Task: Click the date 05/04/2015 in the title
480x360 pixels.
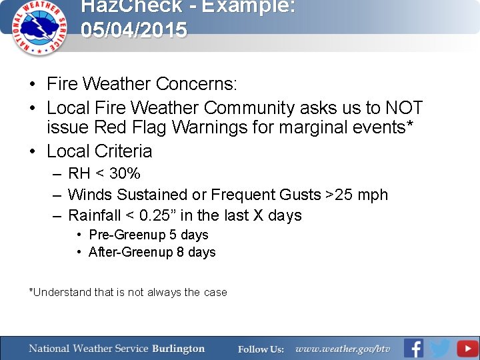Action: (134, 31)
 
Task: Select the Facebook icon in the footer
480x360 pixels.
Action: (413, 348)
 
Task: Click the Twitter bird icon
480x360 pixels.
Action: (440, 348)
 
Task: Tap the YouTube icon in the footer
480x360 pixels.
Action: (467, 348)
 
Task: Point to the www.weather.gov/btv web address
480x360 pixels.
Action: (343, 349)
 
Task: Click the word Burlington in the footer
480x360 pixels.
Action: (178, 349)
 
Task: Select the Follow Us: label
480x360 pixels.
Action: (261, 349)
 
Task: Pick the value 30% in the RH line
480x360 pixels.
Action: (125, 174)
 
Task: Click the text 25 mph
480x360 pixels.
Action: (361, 195)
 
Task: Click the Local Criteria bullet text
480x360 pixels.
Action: (99, 151)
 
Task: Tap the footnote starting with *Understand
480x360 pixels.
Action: (128, 292)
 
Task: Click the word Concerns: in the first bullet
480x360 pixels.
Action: (196, 84)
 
